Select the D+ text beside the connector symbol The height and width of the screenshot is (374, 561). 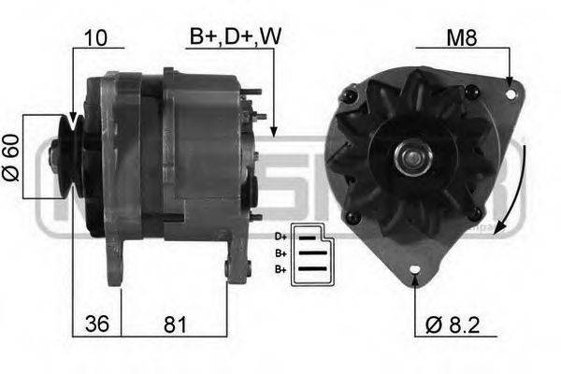click(280, 237)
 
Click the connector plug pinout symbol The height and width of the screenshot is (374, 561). click(309, 252)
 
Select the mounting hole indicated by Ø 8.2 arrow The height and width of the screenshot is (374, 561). click(415, 276)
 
